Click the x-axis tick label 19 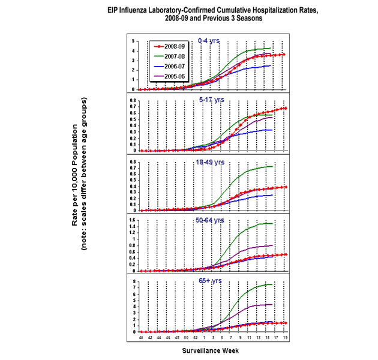(x=284, y=338)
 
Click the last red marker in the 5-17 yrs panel (x=284, y=109)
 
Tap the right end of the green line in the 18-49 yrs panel (x=273, y=166)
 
